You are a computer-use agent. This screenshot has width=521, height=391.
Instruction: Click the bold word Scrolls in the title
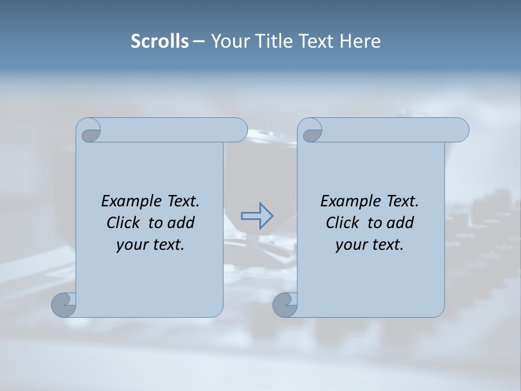point(160,41)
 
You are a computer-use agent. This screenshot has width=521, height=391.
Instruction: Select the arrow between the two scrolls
point(257,216)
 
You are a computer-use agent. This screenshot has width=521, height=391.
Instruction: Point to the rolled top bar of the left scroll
point(174,130)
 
